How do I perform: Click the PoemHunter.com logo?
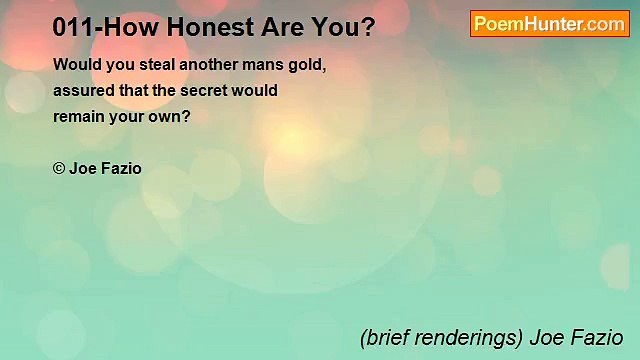pos(549,24)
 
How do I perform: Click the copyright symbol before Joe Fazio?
pos(59,169)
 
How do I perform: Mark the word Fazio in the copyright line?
pos(121,169)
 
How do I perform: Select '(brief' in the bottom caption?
pos(383,338)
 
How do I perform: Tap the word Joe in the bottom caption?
pos(546,338)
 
